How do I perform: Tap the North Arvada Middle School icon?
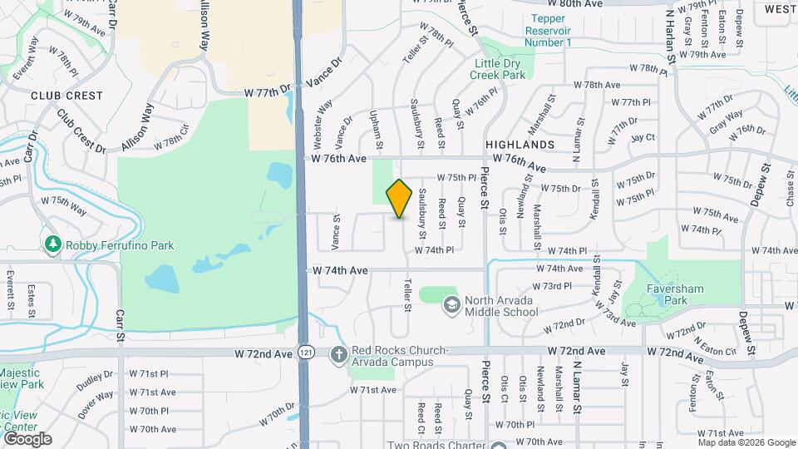click(x=451, y=305)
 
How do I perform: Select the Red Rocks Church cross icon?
click(x=338, y=355)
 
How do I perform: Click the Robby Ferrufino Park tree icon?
click(x=52, y=244)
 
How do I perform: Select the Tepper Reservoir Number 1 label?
click(x=548, y=30)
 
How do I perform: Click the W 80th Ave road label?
click(x=580, y=4)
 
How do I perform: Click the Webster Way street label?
click(x=323, y=121)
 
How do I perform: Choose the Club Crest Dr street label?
click(x=81, y=131)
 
